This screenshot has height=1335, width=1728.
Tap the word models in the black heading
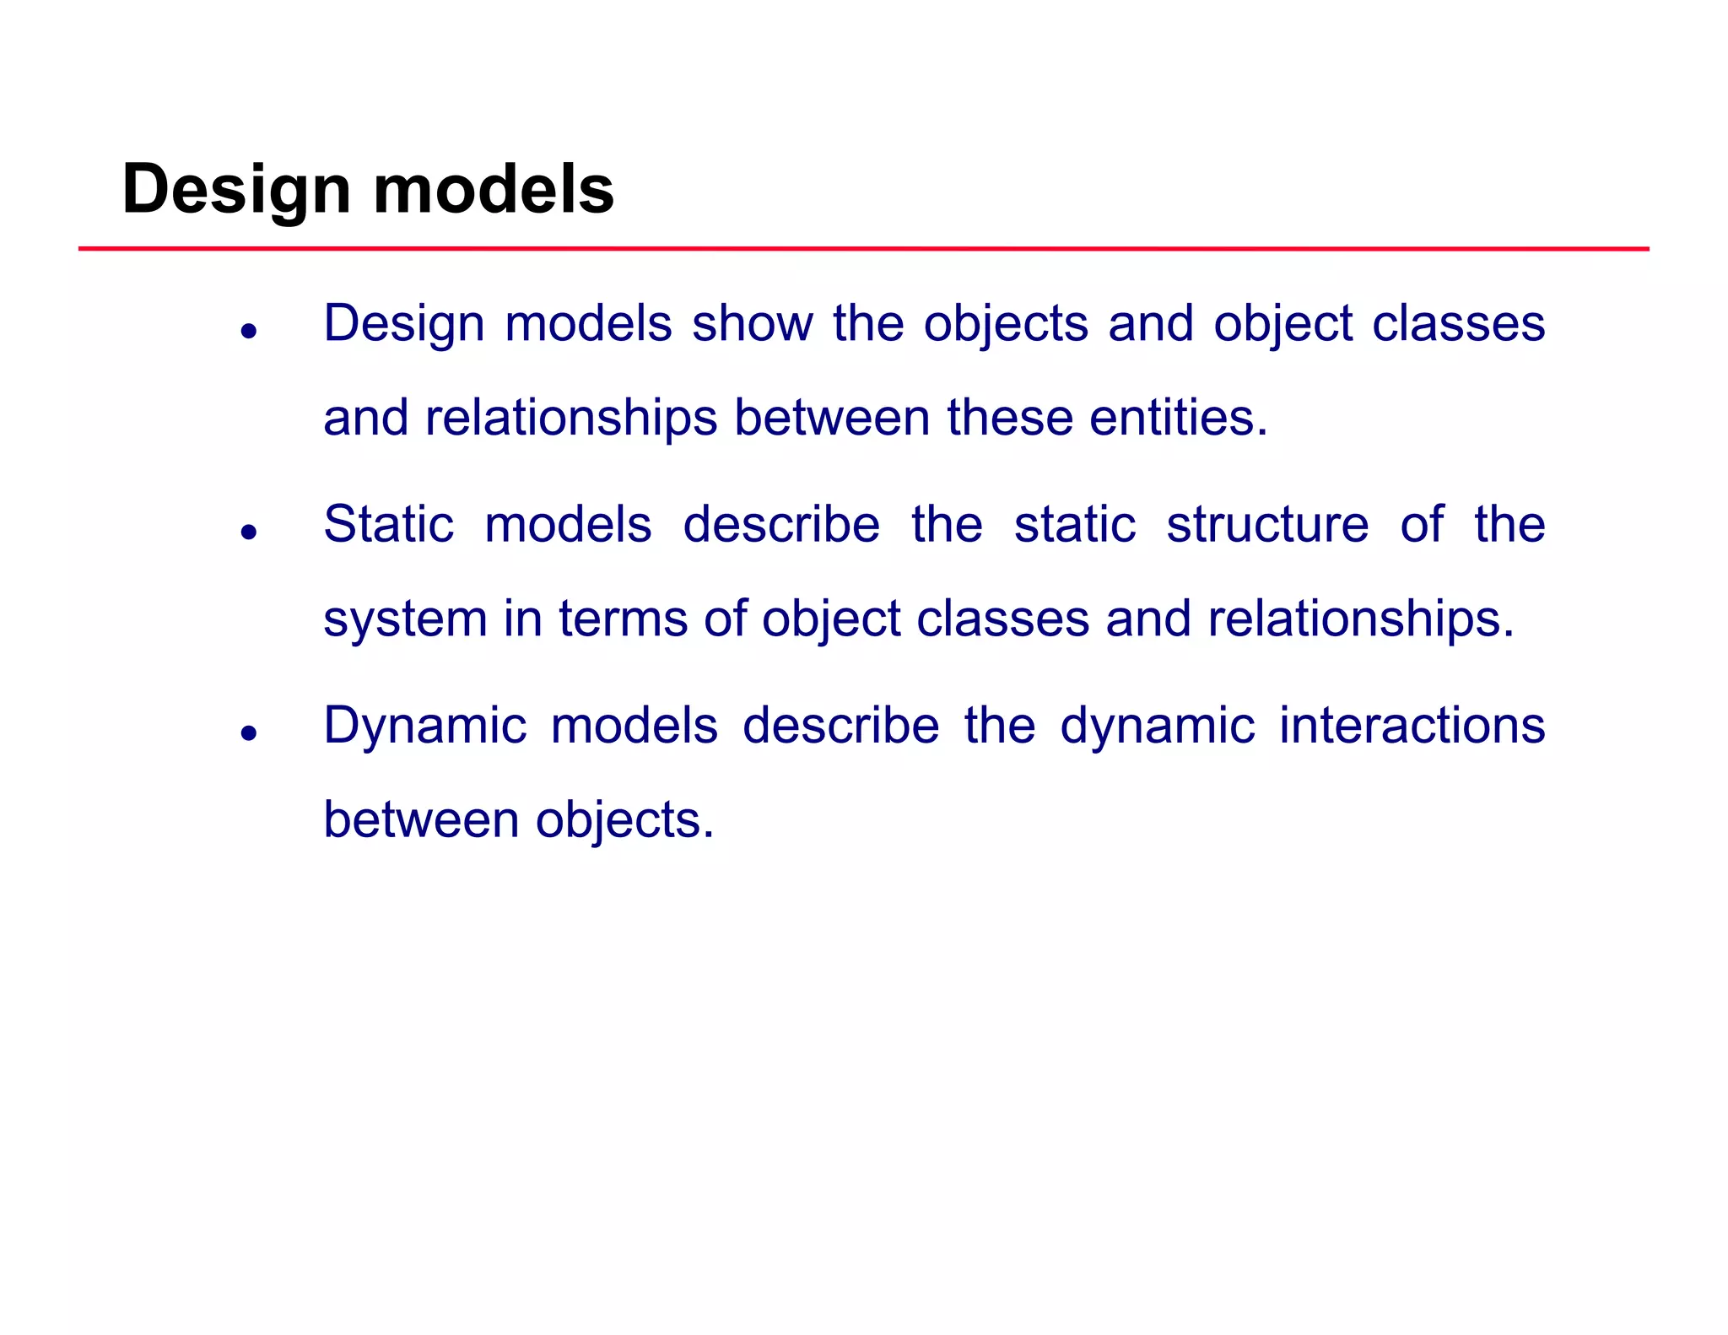coord(494,189)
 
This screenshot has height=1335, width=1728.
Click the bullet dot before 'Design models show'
coord(248,331)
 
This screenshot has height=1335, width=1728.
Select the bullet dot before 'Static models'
coord(248,532)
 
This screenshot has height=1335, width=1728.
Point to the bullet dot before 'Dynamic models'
coord(248,732)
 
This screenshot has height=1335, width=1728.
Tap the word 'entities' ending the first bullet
coord(1178,418)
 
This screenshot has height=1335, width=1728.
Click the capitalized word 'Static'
coord(388,524)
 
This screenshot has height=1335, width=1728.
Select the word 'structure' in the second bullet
coord(1267,524)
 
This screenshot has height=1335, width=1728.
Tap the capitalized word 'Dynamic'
coord(425,727)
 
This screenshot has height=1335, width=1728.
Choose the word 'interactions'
coord(1412,725)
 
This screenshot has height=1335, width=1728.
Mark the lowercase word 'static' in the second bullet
coord(1074,524)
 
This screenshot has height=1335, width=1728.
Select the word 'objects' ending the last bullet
coord(624,821)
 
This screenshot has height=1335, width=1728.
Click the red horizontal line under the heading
coord(863,249)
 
